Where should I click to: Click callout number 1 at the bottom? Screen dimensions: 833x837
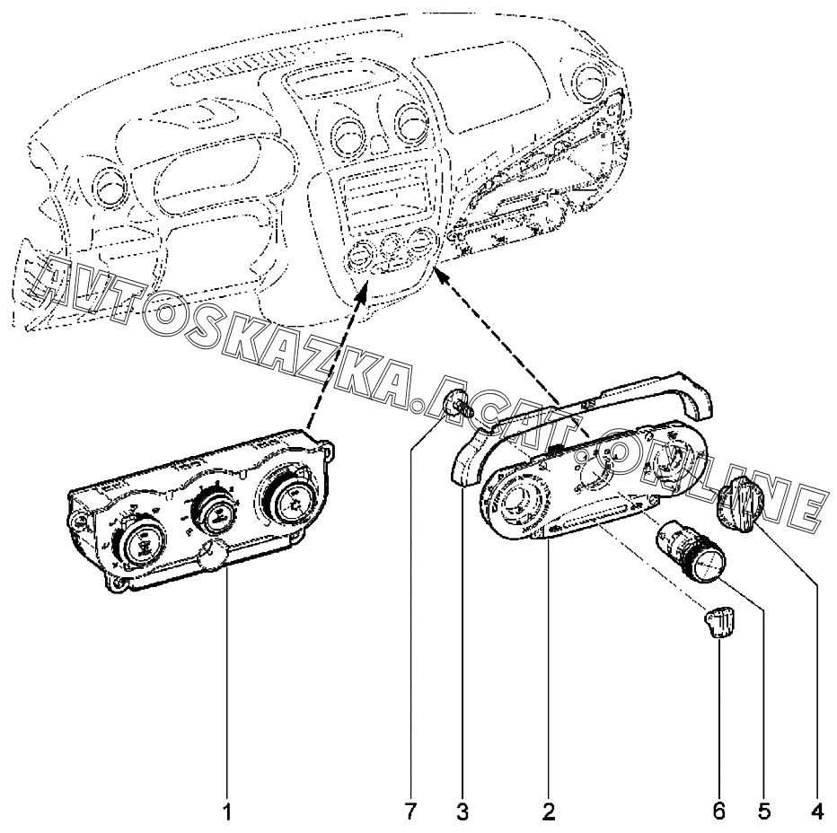[227, 812]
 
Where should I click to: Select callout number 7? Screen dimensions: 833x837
[410, 812]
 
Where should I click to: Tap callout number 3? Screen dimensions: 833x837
[462, 812]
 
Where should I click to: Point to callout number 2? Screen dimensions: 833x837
[548, 812]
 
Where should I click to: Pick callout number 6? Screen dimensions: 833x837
[719, 812]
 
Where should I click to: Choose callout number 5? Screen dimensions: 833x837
[763, 812]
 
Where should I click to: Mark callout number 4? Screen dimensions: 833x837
[817, 812]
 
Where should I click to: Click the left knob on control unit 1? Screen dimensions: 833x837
[142, 543]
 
